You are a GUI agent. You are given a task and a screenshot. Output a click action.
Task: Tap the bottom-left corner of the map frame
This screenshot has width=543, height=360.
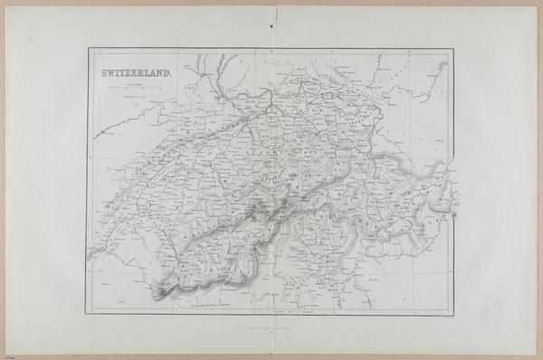pyautogui.click(x=87, y=313)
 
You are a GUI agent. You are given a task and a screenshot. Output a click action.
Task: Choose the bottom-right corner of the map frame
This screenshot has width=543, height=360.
pyautogui.click(x=453, y=313)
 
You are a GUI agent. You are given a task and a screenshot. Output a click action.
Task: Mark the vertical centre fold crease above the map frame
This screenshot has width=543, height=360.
pyautogui.click(x=272, y=27)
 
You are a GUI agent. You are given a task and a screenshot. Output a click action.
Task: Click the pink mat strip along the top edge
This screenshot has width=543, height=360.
pyautogui.click(x=271, y=3)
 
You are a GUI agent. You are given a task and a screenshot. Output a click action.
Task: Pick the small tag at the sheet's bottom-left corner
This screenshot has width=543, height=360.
pyautogui.click(x=7, y=355)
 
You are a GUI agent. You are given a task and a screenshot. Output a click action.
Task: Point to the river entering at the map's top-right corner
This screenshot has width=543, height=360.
pyautogui.click(x=441, y=66)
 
